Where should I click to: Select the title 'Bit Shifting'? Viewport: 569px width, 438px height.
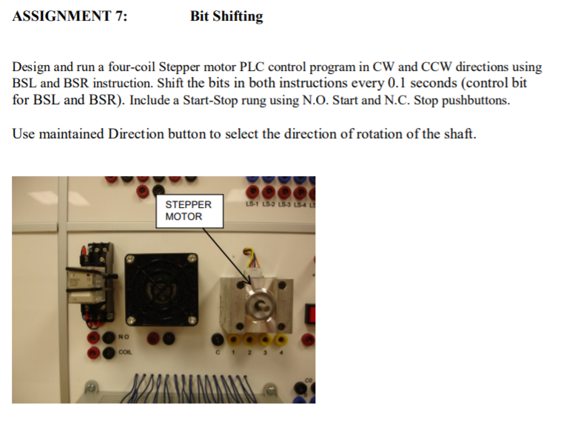click(226, 16)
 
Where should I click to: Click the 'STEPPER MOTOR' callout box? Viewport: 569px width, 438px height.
click(188, 210)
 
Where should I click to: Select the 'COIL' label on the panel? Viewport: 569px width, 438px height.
click(124, 352)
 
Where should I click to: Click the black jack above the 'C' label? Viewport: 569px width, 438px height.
click(218, 340)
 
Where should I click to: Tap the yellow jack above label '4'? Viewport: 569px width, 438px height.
click(284, 340)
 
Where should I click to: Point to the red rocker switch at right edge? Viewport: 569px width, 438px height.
click(311, 311)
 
